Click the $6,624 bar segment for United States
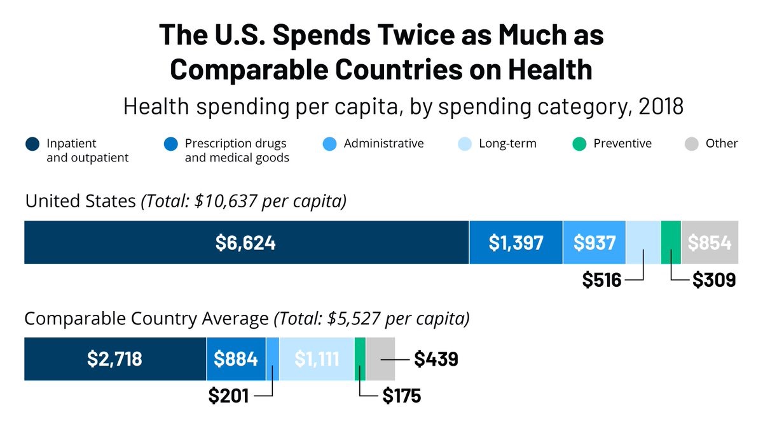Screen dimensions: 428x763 [245, 242]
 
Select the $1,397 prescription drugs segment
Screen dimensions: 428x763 [516, 242]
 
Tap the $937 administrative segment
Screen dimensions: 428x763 [594, 242]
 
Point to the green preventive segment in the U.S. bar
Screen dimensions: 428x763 [671, 242]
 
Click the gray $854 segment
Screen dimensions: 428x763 [710, 242]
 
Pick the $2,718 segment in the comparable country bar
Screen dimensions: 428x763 [115, 359]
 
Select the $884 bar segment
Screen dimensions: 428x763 [236, 359]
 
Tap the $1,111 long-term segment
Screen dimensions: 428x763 [317, 359]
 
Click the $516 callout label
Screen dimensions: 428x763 [601, 280]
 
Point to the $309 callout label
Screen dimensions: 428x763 [714, 280]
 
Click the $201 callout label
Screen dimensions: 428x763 [228, 396]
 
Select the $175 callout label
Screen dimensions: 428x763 [402, 396]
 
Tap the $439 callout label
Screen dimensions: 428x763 [436, 359]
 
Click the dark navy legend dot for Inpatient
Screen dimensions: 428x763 [32, 144]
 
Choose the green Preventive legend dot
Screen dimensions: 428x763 [579, 144]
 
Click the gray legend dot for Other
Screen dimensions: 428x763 [691, 144]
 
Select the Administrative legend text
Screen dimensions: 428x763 [383, 144]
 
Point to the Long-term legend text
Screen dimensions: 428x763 [507, 144]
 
